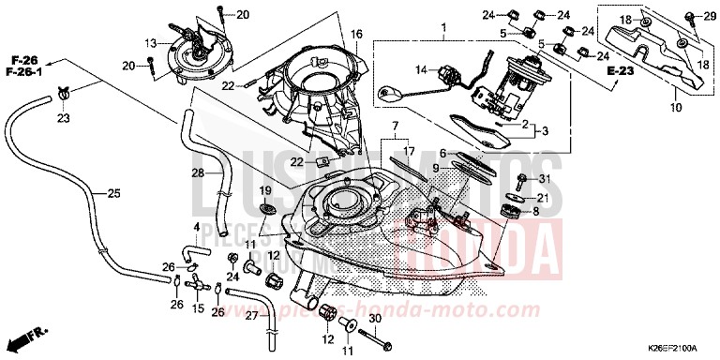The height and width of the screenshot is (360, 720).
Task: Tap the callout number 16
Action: pos(356,34)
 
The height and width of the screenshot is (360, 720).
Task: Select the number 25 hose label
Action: pos(113,194)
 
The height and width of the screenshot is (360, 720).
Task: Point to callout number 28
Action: pos(199,172)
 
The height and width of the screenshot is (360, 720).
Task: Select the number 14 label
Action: pos(422,69)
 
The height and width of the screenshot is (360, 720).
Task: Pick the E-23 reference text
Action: pos(620,71)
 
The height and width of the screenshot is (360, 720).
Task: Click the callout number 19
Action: pos(266,190)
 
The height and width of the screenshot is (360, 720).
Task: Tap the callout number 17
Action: pos(409,150)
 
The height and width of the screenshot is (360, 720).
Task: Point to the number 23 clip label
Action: pos(64,118)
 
